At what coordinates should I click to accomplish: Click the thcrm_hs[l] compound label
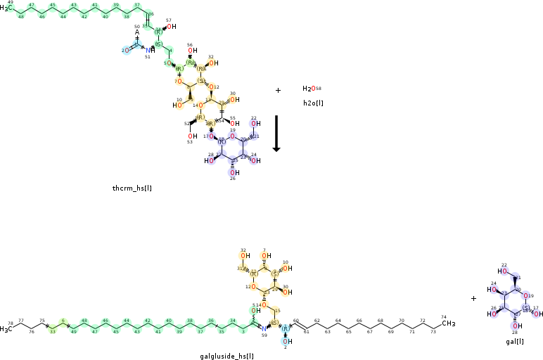[132, 188]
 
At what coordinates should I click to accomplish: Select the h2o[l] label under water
[313, 103]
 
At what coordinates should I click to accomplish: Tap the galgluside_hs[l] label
[226, 356]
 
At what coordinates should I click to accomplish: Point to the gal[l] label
[514, 341]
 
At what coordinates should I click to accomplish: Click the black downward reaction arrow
[276, 133]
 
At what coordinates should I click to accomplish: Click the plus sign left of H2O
[278, 90]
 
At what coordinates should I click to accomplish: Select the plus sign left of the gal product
[473, 298]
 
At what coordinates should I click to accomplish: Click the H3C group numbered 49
[6, 8]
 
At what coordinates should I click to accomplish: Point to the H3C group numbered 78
[7, 328]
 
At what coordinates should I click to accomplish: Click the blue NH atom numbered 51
[149, 50]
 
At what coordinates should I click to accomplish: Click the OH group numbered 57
[171, 27]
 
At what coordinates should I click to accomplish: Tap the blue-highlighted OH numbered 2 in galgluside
[285, 341]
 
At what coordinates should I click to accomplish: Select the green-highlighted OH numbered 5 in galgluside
[253, 310]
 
